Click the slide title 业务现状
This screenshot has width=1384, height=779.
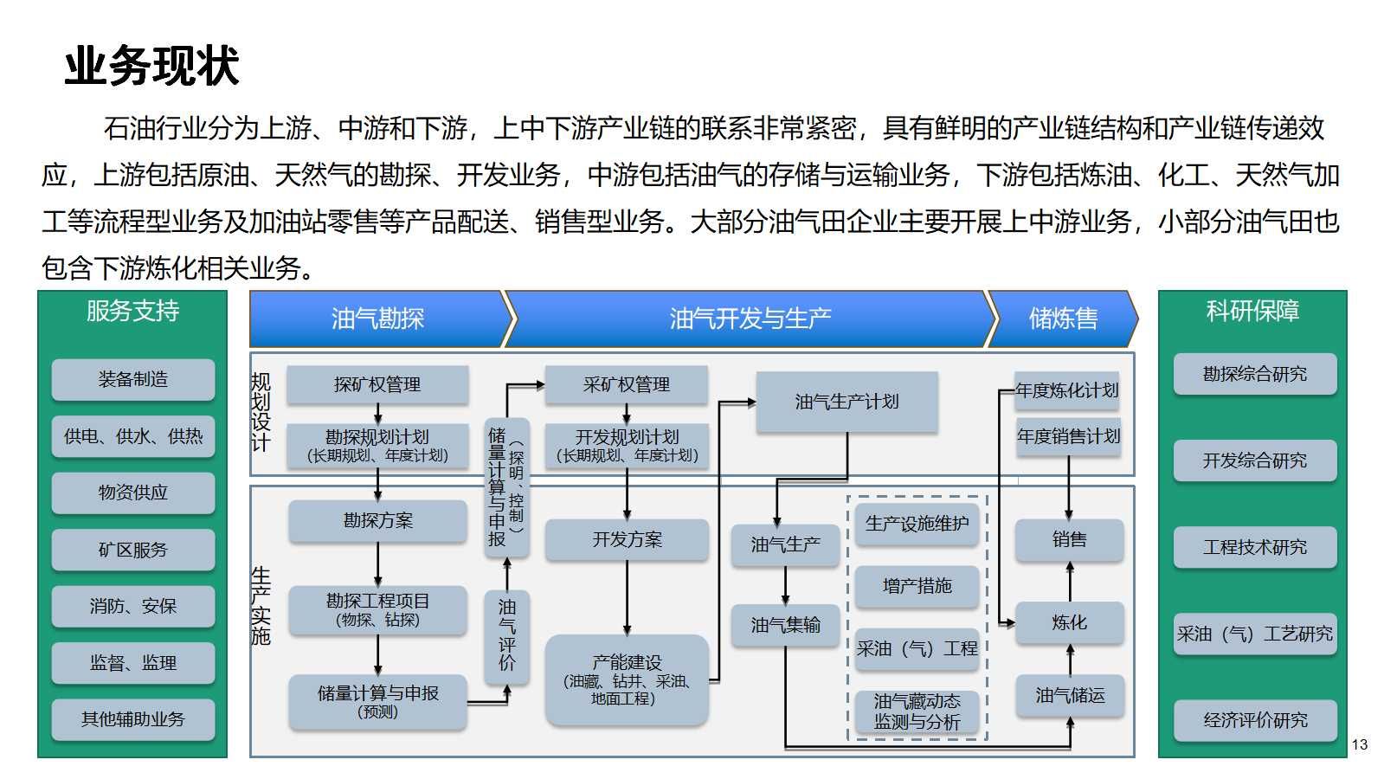pos(151,67)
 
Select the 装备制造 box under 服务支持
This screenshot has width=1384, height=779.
pos(132,379)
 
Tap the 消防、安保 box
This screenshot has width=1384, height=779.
pos(132,606)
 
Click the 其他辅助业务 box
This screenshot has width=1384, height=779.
pos(132,719)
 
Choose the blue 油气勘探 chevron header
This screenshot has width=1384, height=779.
pos(378,319)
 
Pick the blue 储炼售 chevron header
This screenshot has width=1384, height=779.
pos(1062,319)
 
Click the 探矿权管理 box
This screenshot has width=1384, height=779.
pos(377,384)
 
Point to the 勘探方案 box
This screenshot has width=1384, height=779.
pos(377,521)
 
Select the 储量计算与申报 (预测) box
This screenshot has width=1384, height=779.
pos(377,701)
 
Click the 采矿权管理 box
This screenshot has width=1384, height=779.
pos(626,384)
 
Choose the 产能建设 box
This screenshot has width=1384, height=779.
pos(626,679)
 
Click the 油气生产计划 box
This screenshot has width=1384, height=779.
pos(846,402)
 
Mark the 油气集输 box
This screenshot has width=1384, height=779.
pos(785,625)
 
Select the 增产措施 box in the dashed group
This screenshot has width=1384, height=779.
pos(917,586)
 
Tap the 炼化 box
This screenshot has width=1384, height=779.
pos(1069,622)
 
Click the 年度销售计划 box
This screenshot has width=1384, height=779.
pos(1068,436)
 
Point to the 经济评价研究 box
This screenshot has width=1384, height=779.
pos(1255,720)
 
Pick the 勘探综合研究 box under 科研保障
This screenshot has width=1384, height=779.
pos(1255,374)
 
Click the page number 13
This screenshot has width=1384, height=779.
pos(1360,744)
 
